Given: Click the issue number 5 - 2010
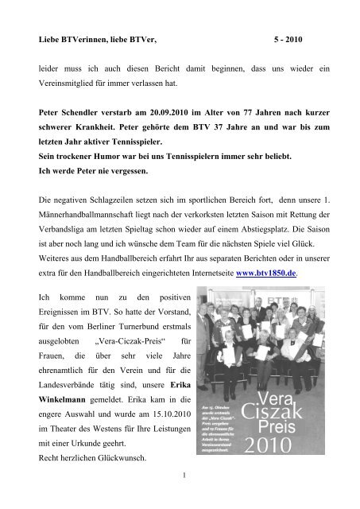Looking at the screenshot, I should tap(290, 37).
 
